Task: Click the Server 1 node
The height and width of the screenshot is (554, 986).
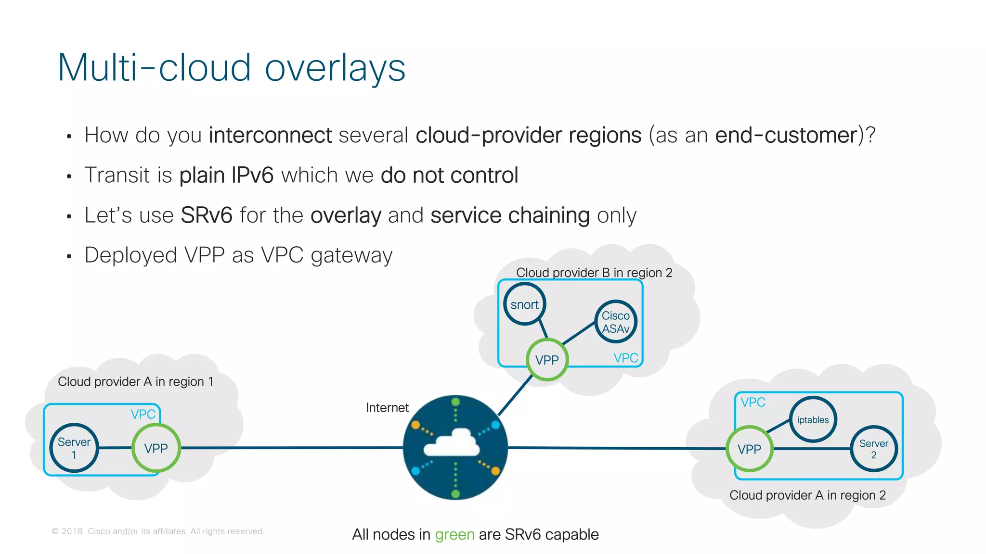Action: pyautogui.click(x=74, y=448)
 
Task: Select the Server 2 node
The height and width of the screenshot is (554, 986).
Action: pyautogui.click(x=874, y=449)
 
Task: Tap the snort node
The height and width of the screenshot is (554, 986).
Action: pyautogui.click(x=524, y=304)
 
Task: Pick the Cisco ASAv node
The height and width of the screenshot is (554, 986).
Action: pyautogui.click(x=616, y=322)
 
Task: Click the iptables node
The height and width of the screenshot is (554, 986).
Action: pyautogui.click(x=813, y=420)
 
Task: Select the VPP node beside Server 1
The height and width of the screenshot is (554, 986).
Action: pyautogui.click(x=156, y=448)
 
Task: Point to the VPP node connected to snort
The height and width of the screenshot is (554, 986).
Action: pyautogui.click(x=547, y=360)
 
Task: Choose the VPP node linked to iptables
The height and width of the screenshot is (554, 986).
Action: pyautogui.click(x=749, y=449)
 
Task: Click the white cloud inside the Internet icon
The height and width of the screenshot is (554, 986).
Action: pyautogui.click(x=453, y=443)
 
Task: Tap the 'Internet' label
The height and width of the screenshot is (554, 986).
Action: pyautogui.click(x=387, y=408)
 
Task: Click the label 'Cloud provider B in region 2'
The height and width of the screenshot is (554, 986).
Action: pyautogui.click(x=594, y=273)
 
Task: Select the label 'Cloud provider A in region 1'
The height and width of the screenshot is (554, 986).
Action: pyautogui.click(x=135, y=381)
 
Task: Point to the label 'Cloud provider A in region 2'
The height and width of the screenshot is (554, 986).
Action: pyautogui.click(x=807, y=495)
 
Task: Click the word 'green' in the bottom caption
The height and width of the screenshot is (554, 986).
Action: pyautogui.click(x=454, y=535)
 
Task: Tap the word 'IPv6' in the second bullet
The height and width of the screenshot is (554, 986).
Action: pyautogui.click(x=252, y=175)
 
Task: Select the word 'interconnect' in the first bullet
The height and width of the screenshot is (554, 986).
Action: pyautogui.click(x=270, y=135)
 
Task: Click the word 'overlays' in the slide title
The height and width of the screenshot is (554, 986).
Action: pyautogui.click(x=335, y=68)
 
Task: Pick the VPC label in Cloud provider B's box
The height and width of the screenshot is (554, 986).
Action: pyautogui.click(x=625, y=358)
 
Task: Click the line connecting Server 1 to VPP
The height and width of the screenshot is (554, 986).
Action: pyautogui.click(x=115, y=448)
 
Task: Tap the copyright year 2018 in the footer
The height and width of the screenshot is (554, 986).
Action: pyautogui.click(x=72, y=531)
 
